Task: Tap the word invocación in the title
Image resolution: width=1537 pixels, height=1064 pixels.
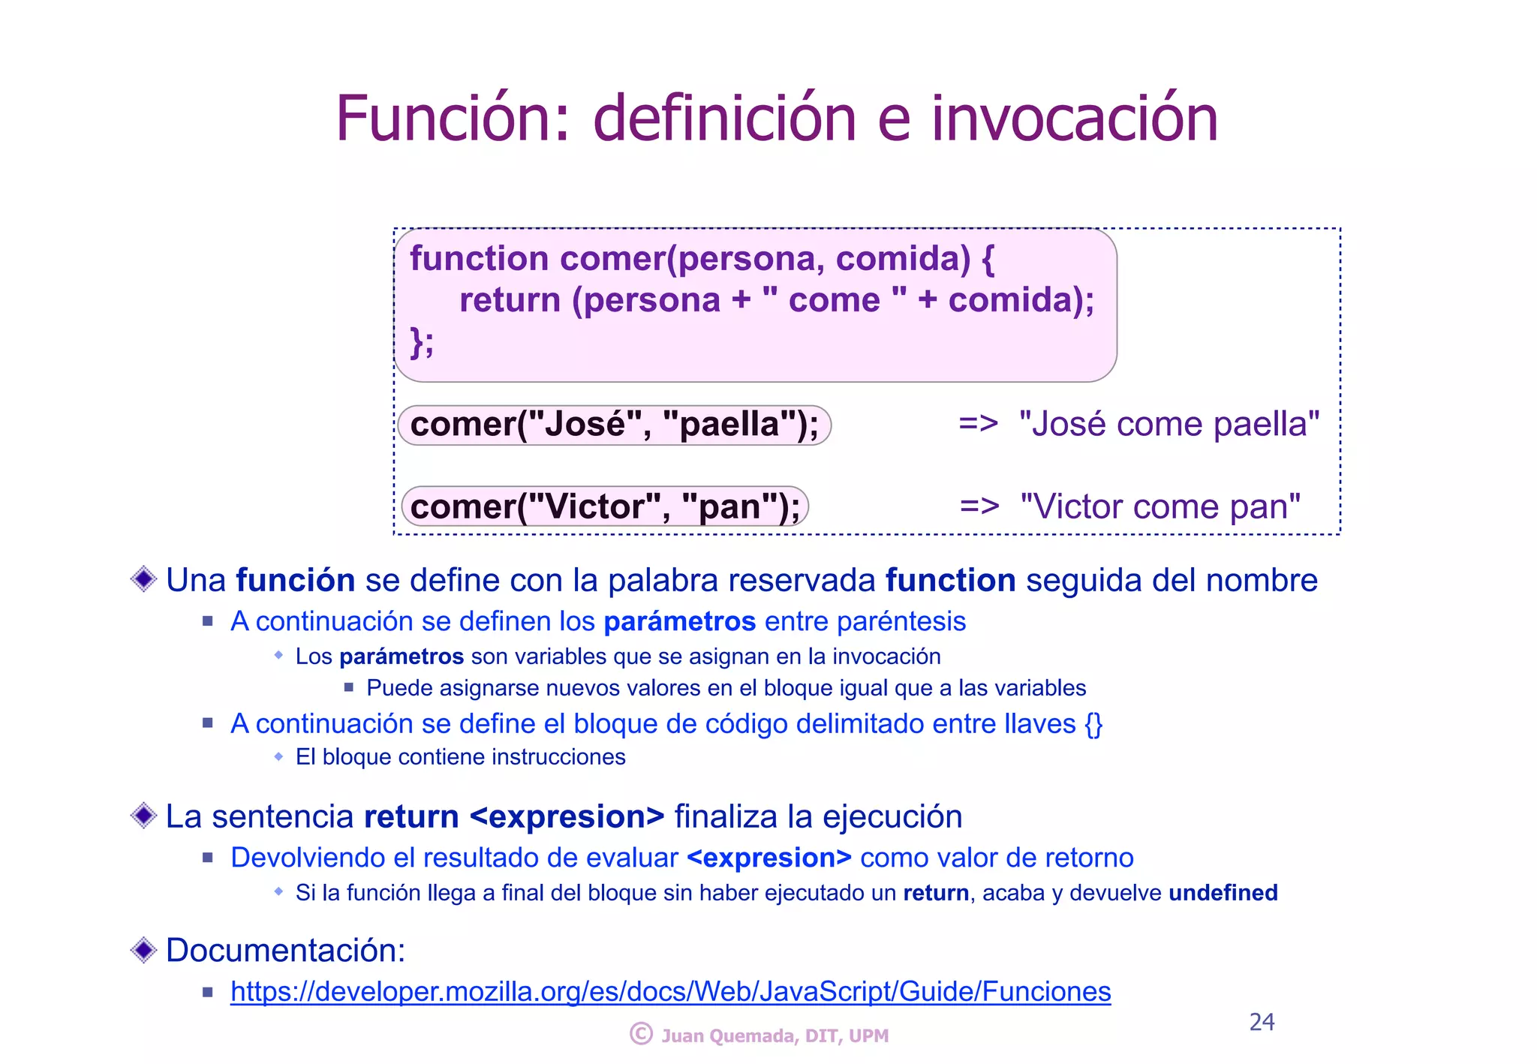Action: point(1075,119)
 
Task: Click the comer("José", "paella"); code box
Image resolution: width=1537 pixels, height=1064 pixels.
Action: point(614,425)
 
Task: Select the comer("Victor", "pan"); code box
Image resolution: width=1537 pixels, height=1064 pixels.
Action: point(605,506)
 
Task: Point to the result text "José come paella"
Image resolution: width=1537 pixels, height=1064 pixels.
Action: point(1169,424)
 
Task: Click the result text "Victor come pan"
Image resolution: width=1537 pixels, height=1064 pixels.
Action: point(1160,506)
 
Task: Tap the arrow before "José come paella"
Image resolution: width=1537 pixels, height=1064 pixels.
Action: point(978,424)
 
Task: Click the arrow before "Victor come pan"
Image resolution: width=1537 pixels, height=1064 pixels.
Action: point(979,506)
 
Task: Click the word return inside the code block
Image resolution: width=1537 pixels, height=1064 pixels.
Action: point(510,300)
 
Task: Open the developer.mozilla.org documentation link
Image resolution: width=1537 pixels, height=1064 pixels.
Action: point(670,991)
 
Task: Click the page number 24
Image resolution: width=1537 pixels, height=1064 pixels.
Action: point(1262,1022)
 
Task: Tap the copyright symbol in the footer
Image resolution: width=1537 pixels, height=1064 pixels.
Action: point(641,1034)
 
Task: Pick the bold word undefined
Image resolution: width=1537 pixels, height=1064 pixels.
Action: point(1223,893)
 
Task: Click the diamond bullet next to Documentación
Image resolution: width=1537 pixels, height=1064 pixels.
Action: point(143,950)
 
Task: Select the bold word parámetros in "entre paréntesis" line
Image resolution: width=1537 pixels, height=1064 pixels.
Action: point(679,621)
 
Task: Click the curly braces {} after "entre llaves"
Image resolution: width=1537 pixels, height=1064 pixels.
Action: point(1093,724)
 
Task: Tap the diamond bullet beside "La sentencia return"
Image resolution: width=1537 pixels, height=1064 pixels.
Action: point(143,816)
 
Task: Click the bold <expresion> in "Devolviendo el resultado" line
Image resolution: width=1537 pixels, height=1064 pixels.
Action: point(768,858)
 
